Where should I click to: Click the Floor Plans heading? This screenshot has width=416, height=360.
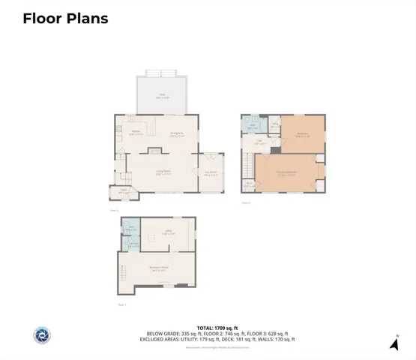tap(65, 19)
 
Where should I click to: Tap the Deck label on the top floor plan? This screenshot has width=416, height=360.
tap(162, 95)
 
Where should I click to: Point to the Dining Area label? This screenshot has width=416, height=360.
tap(178, 135)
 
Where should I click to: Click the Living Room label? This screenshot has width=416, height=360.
tap(163, 172)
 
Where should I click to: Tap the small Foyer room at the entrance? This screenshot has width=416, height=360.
tap(124, 192)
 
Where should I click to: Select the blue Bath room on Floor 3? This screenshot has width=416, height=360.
tap(253, 127)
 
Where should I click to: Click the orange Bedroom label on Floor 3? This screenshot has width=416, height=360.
tap(304, 135)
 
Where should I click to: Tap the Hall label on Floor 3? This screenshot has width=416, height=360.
tap(259, 142)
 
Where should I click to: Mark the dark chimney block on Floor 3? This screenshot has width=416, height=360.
tap(276, 150)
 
